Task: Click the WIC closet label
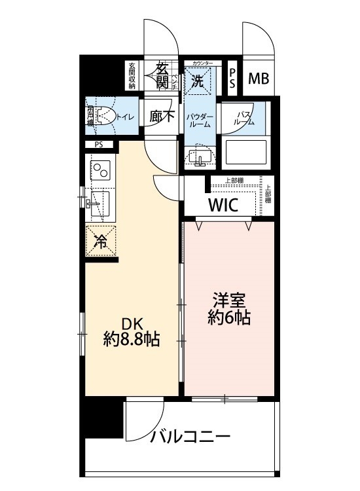coord(223,204)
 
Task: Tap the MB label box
coord(259,79)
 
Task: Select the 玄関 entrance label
coord(161,75)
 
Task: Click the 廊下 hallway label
coord(160,117)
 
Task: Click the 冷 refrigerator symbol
coord(101,240)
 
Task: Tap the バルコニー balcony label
coord(190,436)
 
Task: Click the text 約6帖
coord(229,319)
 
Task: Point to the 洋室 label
coord(229,302)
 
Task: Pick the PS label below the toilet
coord(99,145)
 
